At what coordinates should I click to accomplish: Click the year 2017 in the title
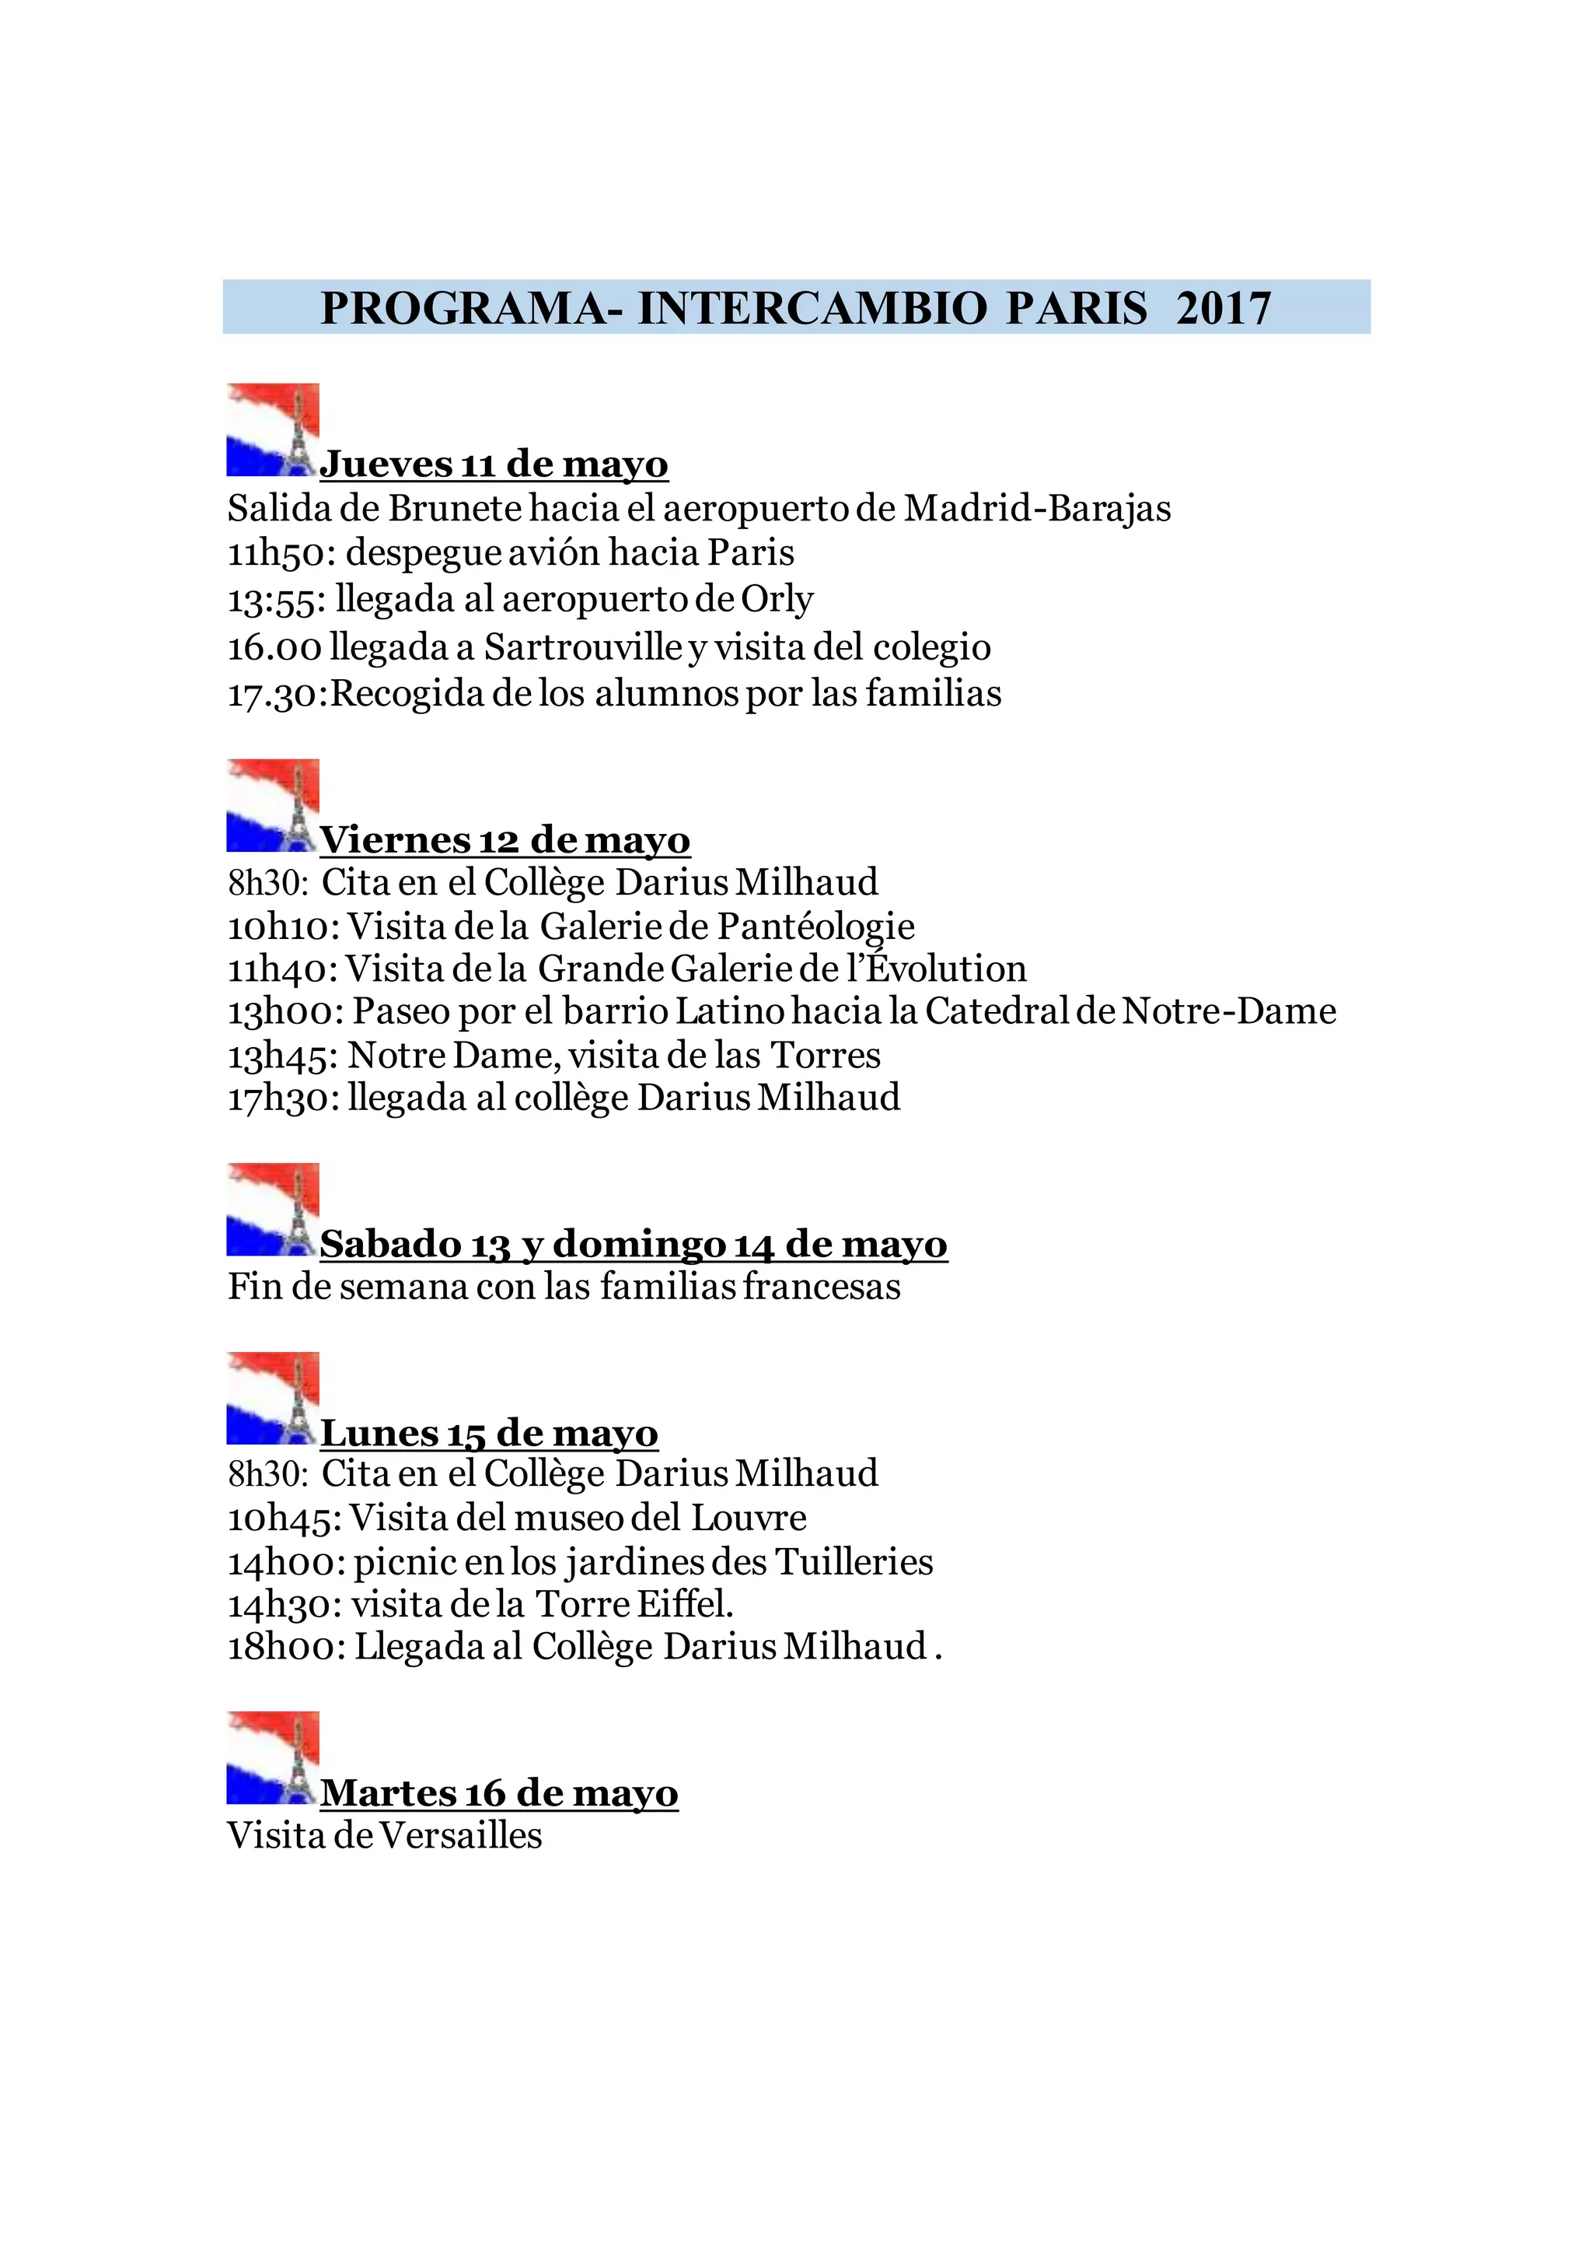[1223, 309]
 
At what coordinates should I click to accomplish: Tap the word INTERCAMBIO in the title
[812, 309]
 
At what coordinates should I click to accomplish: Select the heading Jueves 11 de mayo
[494, 464]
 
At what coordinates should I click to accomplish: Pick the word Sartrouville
[583, 646]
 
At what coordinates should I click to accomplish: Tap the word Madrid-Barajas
[1037, 508]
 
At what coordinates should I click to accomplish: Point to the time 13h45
[283, 1056]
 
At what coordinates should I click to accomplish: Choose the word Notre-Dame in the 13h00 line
[1229, 1011]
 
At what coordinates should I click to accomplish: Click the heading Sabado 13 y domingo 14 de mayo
[634, 1244]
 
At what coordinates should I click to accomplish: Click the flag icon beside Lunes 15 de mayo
[273, 1398]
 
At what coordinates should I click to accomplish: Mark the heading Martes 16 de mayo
[499, 1793]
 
